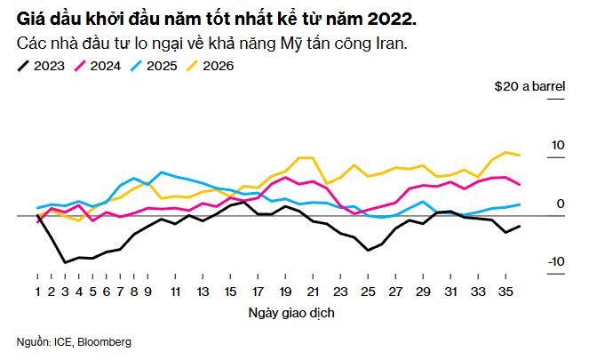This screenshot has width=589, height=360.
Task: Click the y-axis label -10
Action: coord(556,261)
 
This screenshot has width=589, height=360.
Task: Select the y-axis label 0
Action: coord(561,204)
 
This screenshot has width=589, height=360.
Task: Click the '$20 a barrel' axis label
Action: coord(530,87)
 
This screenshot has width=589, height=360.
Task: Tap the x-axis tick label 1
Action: coord(38,292)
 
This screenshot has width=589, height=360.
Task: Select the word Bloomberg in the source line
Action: coord(106,342)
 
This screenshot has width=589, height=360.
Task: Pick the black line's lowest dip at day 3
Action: coord(65,262)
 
